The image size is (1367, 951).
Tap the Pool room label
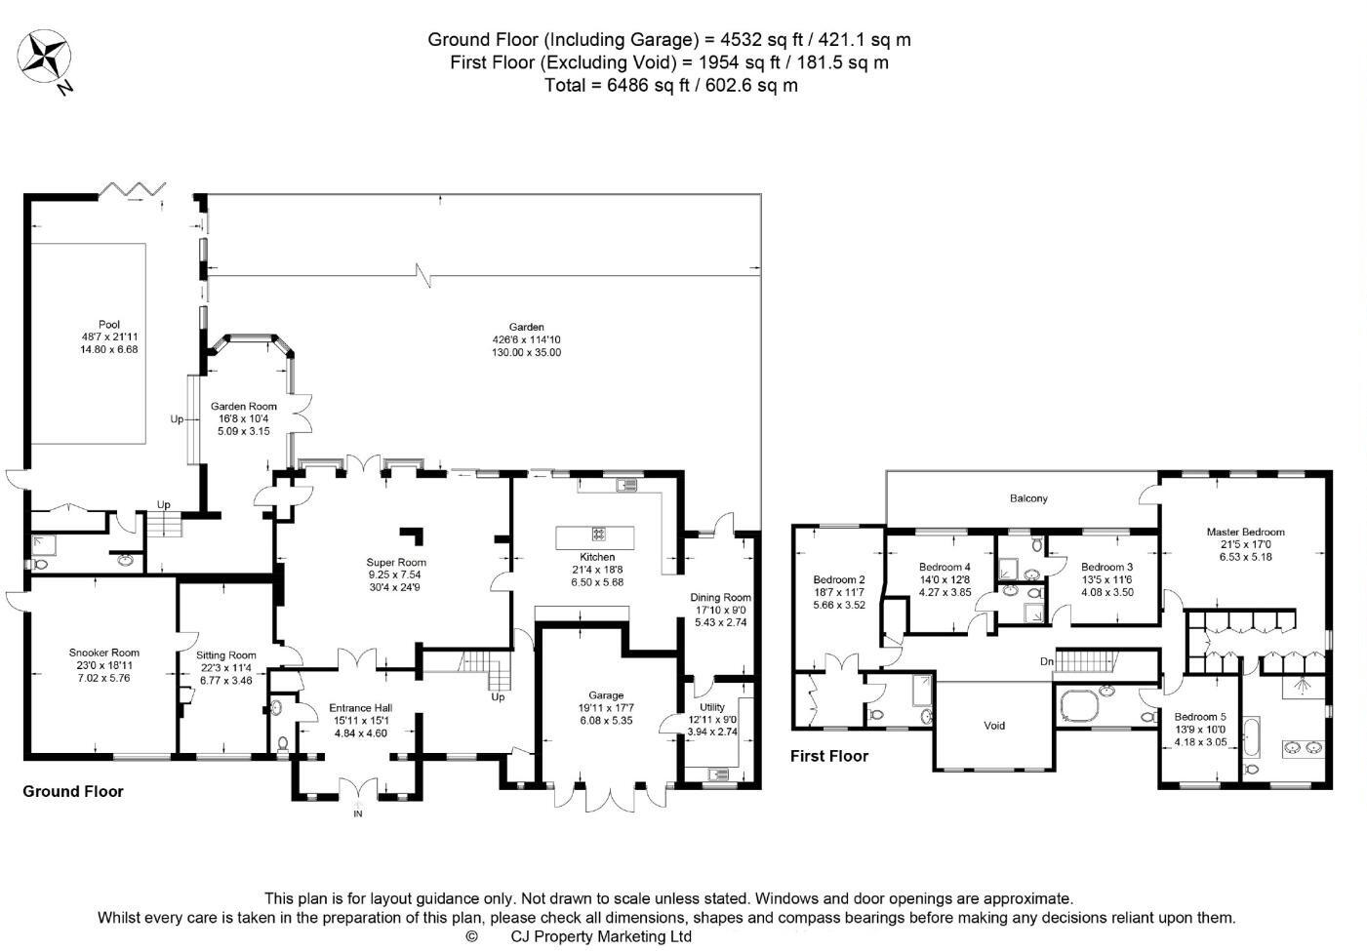tap(109, 325)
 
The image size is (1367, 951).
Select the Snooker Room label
tap(103, 653)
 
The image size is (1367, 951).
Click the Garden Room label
tap(244, 407)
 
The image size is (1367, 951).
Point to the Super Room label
tap(396, 562)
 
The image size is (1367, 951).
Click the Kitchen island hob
tap(597, 534)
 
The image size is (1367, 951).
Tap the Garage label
tap(606, 696)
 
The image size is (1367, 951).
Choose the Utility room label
tap(712, 707)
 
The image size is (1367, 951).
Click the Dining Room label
tap(720, 597)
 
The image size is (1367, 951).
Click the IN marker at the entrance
tap(357, 813)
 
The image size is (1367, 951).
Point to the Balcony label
tap(1028, 498)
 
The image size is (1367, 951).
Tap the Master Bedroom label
tap(1245, 532)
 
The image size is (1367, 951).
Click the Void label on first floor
tap(994, 726)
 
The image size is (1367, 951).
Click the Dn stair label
tap(1047, 662)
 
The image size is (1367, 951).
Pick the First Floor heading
tap(828, 756)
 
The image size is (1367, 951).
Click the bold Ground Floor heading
tap(73, 791)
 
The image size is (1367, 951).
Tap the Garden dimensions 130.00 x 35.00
tap(526, 352)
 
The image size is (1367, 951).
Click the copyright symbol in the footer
tap(472, 936)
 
